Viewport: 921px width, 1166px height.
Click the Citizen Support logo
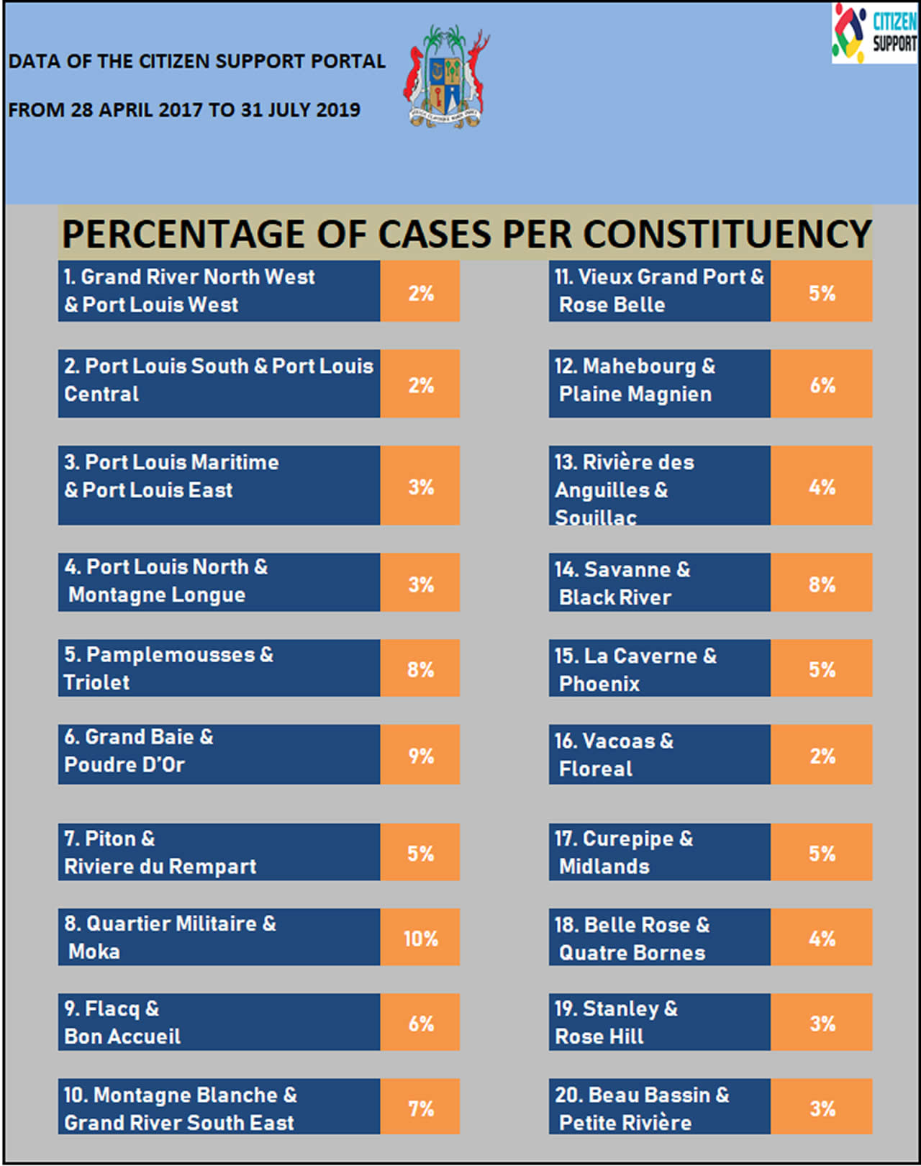[874, 33]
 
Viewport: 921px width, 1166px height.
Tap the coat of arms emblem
[446, 78]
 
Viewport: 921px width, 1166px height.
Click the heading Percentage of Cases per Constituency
[466, 234]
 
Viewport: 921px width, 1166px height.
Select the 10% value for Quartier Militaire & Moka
[420, 938]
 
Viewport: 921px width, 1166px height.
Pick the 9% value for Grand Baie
[420, 755]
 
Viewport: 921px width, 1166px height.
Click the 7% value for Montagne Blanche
[420, 1108]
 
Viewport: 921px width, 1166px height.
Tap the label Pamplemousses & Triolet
[169, 668]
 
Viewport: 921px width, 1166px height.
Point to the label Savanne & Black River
[622, 583]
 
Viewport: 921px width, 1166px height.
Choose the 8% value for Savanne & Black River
[822, 584]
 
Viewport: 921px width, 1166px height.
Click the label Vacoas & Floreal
[614, 754]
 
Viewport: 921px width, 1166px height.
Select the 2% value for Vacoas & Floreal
[822, 755]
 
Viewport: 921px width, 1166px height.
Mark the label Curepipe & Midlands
[623, 852]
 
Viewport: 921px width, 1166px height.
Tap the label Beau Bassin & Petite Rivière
[641, 1108]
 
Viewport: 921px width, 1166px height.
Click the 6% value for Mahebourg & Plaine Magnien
[822, 384]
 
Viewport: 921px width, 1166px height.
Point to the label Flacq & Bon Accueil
[122, 1022]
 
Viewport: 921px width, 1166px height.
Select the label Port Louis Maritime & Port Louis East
[171, 476]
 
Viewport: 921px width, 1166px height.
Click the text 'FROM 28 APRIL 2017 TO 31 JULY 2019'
[184, 110]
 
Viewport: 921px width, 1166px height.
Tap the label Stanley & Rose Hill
[615, 1022]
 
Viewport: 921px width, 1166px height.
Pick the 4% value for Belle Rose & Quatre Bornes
[822, 938]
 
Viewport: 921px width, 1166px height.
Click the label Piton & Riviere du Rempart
[160, 852]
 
